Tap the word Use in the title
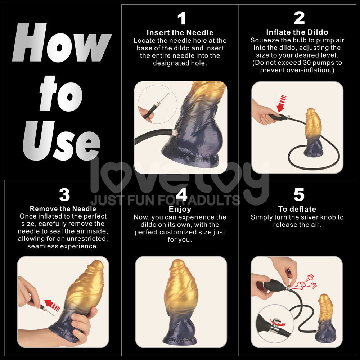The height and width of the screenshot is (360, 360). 61,140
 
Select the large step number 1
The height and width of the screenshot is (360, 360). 181,18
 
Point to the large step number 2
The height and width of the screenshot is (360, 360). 299,18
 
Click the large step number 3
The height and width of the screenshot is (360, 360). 64,195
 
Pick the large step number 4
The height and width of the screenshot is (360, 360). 181,195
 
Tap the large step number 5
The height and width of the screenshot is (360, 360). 299,195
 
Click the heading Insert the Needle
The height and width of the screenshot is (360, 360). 180,33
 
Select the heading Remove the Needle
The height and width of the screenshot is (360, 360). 63,209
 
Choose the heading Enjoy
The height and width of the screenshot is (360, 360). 180,209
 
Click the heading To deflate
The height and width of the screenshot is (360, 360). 297,209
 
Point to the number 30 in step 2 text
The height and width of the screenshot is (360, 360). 305,63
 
